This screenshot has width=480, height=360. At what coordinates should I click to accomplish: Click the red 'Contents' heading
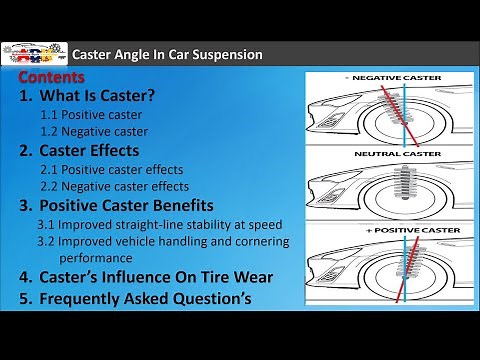[x=57, y=76]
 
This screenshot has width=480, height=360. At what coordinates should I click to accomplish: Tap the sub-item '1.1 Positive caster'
[x=98, y=115]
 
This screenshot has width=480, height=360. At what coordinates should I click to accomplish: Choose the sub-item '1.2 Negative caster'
[x=101, y=131]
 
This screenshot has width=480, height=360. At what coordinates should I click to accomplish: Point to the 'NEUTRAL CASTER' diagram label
[x=391, y=155]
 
